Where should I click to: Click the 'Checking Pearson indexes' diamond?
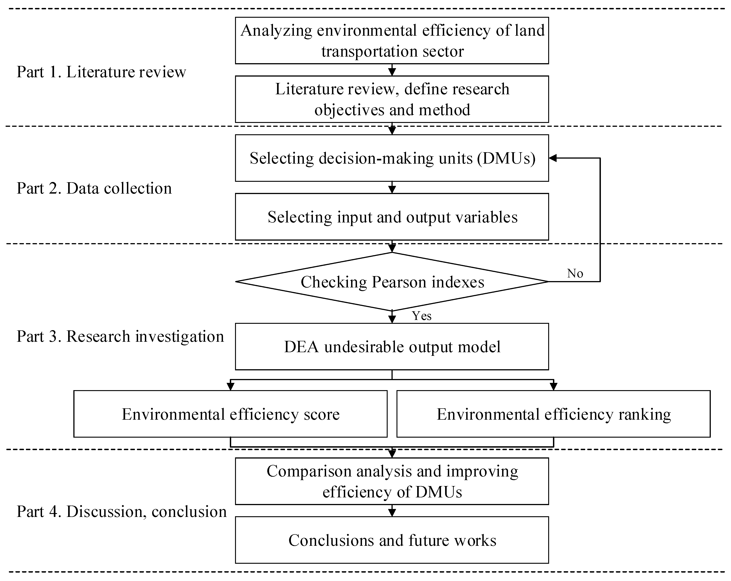pyautogui.click(x=392, y=282)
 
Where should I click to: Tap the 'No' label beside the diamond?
pyautogui.click(x=575, y=273)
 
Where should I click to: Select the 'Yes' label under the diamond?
pyautogui.click(x=421, y=316)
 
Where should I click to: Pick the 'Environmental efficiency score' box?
pyautogui.click(x=230, y=414)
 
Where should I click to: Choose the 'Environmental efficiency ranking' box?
pyautogui.click(x=553, y=414)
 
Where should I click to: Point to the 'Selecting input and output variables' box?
pyautogui.click(x=392, y=217)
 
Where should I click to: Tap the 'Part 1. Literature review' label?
pyautogui.click(x=101, y=72)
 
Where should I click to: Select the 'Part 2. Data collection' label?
pyautogui.click(x=94, y=188)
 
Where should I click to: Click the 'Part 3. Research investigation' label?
pyautogui.click(x=120, y=337)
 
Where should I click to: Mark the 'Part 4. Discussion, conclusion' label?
pyautogui.click(x=121, y=511)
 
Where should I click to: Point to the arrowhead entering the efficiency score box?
pyautogui.click(x=230, y=387)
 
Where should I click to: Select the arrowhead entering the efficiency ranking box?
pyautogui.click(x=553, y=387)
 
